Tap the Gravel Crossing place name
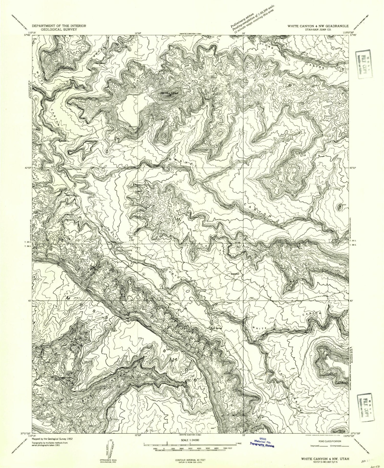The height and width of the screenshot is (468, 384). click(x=74, y=169)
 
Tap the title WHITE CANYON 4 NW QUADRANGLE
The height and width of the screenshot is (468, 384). click(x=318, y=26)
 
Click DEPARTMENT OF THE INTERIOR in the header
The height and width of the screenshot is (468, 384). click(x=59, y=26)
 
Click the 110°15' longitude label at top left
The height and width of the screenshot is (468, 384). click(x=32, y=32)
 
